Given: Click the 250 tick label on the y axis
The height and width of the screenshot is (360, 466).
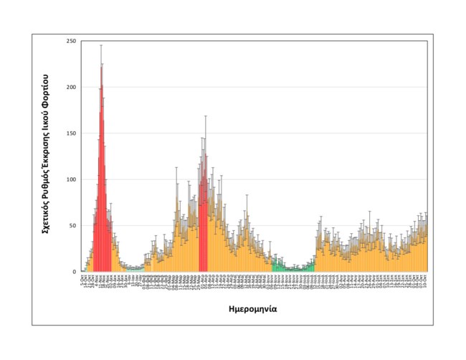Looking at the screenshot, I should tap(71, 41).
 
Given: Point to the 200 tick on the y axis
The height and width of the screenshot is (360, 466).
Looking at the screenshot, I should tap(71, 87).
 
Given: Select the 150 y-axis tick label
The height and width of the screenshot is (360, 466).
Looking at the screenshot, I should tap(71, 133).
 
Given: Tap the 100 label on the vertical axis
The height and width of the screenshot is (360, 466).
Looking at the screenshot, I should tap(71, 179).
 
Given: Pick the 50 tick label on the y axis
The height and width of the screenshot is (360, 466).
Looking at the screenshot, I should tap(72, 225).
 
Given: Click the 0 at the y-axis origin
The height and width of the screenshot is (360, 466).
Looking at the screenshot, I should tap(75, 272).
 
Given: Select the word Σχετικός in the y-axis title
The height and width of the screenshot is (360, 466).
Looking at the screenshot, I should tap(45, 216).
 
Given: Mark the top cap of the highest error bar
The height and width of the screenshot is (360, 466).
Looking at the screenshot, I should tap(102, 45).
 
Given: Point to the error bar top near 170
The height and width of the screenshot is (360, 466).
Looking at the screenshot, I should tap(206, 115).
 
